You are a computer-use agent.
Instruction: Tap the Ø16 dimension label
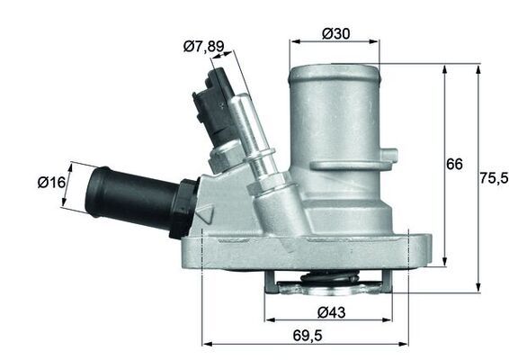coord(52,183)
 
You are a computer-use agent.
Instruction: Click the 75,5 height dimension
coord(491,177)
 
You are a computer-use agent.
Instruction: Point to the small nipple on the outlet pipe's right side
coord(390,154)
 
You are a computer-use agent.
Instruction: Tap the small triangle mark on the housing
coord(205,215)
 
